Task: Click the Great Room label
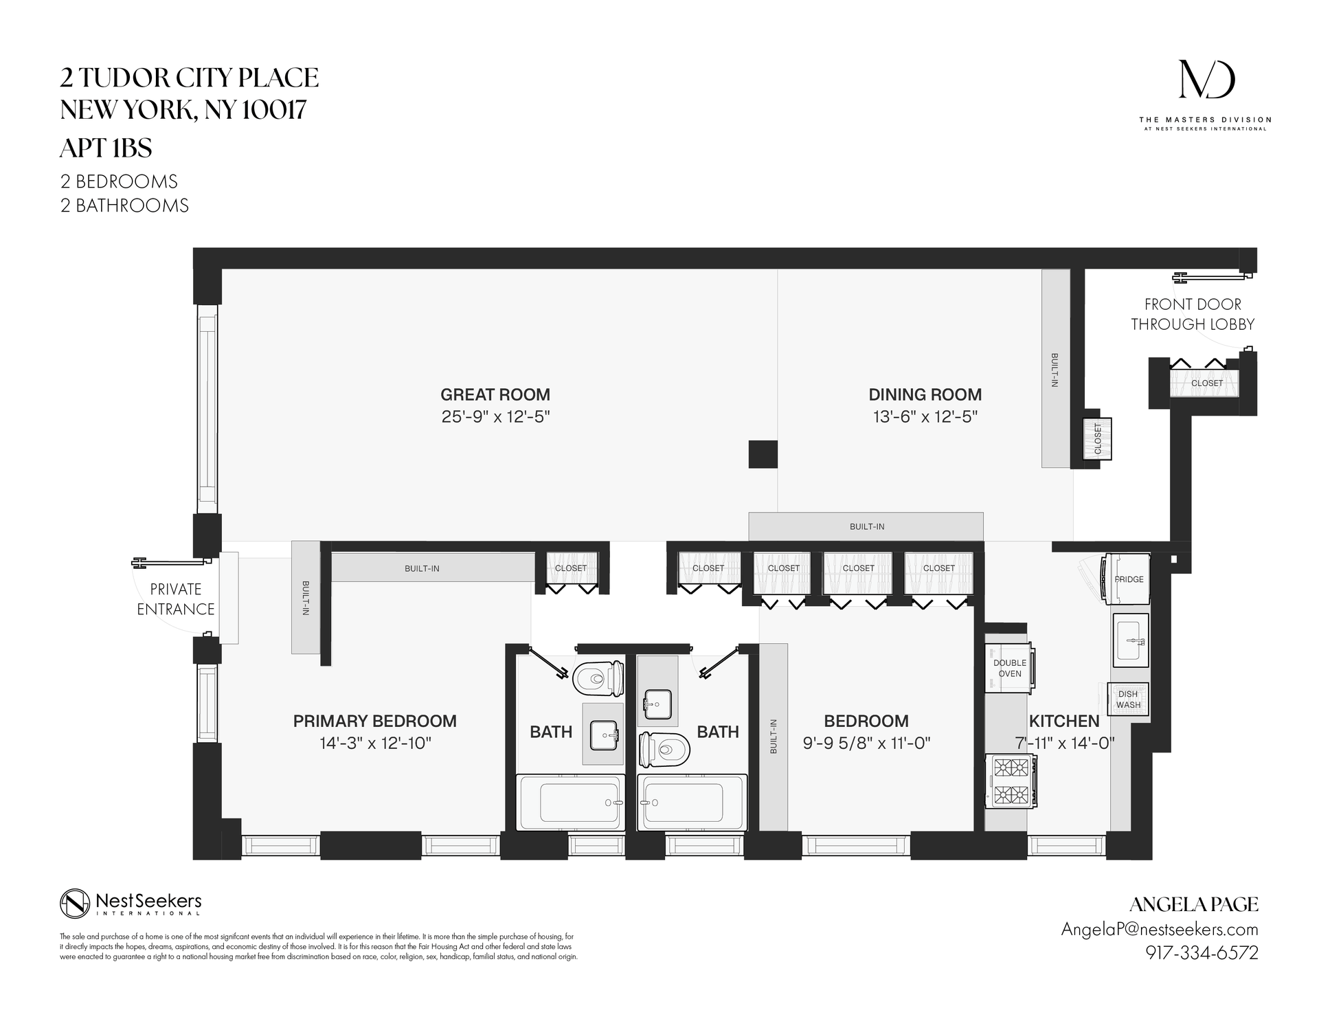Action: click(495, 394)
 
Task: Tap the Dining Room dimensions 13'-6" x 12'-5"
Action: click(925, 416)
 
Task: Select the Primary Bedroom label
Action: click(374, 721)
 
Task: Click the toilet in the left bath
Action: click(598, 678)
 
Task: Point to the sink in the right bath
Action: click(656, 704)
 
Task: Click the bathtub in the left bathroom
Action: click(571, 803)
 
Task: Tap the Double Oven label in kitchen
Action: click(1009, 668)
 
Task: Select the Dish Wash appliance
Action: click(1127, 699)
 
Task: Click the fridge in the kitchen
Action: click(1127, 579)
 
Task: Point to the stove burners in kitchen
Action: click(1011, 781)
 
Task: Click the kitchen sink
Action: click(1130, 640)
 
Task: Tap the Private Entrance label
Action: click(175, 599)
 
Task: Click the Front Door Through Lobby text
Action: click(1192, 314)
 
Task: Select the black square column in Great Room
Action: click(763, 454)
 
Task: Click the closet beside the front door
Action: click(1206, 383)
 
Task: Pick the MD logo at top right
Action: click(1206, 80)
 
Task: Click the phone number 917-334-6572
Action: click(1202, 953)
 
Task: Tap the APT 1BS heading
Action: click(106, 148)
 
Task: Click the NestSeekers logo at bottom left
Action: click(131, 903)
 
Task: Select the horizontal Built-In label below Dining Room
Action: click(866, 526)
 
